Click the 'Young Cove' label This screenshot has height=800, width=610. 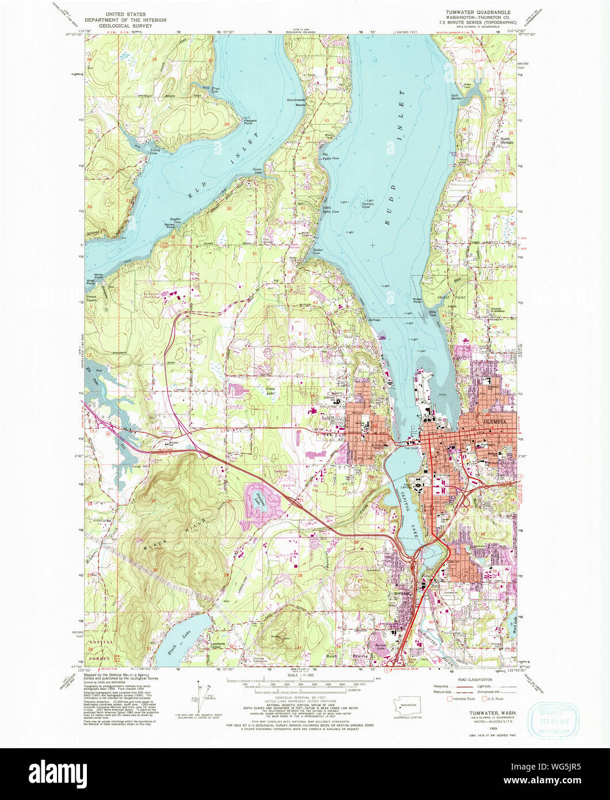click(153, 151)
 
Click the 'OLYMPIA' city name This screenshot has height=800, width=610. click(492, 421)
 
